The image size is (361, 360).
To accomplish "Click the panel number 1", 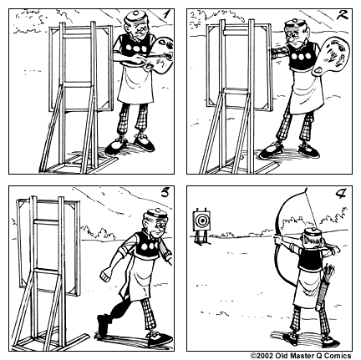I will click(166, 14).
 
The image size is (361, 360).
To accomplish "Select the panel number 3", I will click(165, 195).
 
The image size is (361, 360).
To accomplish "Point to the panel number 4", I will click(342, 195).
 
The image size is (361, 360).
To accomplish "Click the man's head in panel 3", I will click(150, 224).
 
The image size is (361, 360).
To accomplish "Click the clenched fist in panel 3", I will click(105, 276).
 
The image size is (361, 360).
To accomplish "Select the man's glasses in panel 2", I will click(297, 34).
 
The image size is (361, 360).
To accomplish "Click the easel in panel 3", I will click(46, 267).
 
